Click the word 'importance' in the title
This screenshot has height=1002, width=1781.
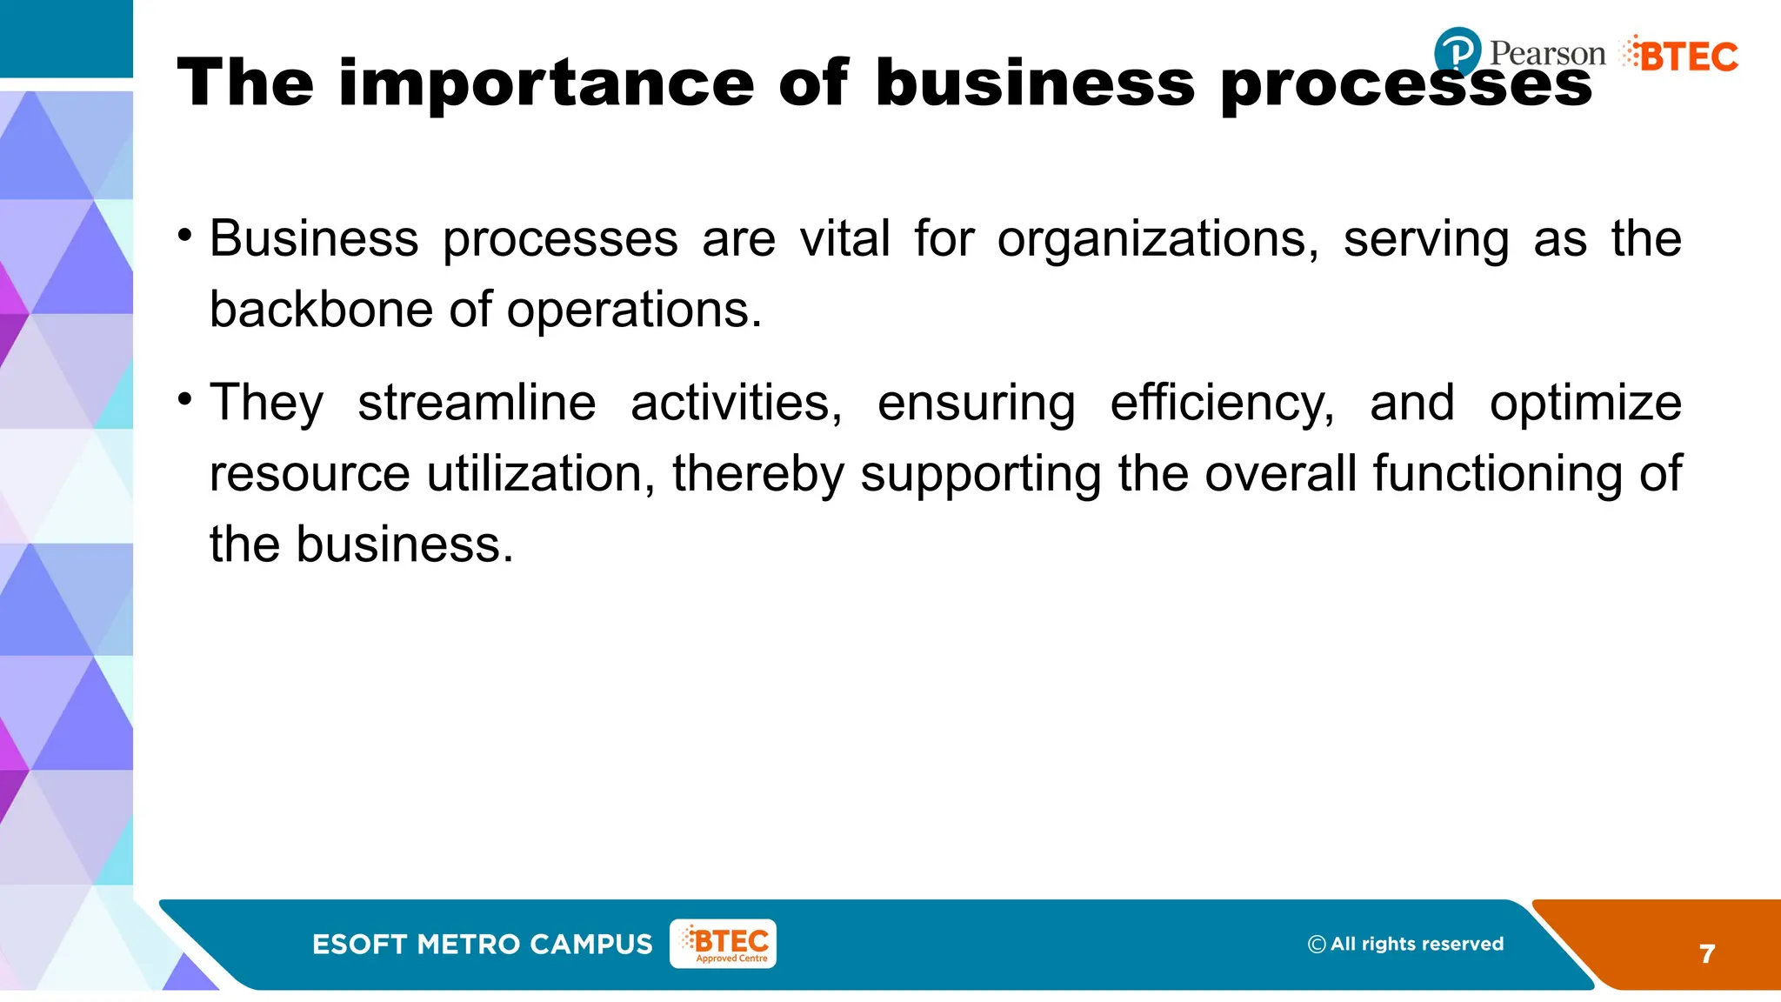[546, 83]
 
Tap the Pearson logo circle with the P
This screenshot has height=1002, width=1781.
[1457, 51]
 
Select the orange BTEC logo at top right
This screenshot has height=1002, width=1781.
[1680, 56]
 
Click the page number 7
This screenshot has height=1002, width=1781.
[1707, 954]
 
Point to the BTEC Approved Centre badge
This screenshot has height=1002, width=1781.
[723, 944]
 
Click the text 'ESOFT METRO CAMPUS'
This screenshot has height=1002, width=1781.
[482, 945]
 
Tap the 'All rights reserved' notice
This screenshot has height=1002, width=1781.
[1417, 944]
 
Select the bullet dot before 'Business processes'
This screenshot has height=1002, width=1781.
[184, 236]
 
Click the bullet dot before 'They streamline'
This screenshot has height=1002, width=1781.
[184, 399]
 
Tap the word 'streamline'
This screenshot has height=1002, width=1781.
[477, 403]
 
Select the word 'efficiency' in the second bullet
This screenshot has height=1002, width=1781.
[1222, 403]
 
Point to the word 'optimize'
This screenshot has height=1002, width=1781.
[1585, 403]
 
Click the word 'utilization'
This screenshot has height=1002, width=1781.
[541, 474]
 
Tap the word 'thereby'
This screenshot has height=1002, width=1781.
[757, 474]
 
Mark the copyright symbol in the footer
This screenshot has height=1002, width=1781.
[1317, 945]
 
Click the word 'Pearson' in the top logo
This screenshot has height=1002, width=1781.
[1547, 53]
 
